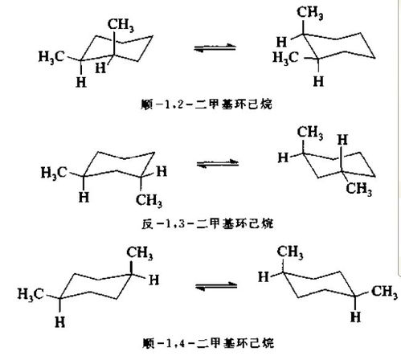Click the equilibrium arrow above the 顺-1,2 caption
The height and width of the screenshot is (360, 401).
click(215, 47)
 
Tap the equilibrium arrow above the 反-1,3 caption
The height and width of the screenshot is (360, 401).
click(218, 163)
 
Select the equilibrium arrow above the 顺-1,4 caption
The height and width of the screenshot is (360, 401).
click(216, 286)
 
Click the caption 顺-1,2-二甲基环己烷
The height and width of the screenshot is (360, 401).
click(207, 104)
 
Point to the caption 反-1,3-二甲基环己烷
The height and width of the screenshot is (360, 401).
click(207, 223)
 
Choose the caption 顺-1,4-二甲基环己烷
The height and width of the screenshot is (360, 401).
click(208, 342)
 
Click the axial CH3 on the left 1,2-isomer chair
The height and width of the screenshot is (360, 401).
click(121, 25)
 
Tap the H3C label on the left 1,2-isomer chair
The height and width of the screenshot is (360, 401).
click(51, 57)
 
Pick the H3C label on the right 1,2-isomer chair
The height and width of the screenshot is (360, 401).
click(285, 58)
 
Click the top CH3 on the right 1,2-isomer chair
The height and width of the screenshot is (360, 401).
click(310, 13)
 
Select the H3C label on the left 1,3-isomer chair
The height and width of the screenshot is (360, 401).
click(54, 173)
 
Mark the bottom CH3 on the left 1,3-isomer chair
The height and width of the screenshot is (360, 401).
click(149, 200)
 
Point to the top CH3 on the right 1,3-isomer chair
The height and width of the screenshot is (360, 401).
click(310, 133)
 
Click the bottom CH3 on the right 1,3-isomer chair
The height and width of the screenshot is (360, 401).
click(359, 189)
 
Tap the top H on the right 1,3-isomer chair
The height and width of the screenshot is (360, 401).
click(342, 140)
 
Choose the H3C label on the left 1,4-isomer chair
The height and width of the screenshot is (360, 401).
click(31, 294)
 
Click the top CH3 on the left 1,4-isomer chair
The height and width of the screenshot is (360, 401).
click(140, 252)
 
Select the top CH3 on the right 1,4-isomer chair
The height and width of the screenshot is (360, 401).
click(290, 252)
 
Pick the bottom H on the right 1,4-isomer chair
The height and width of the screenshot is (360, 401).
click(355, 317)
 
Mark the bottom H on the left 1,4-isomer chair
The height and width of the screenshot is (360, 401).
click(60, 321)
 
